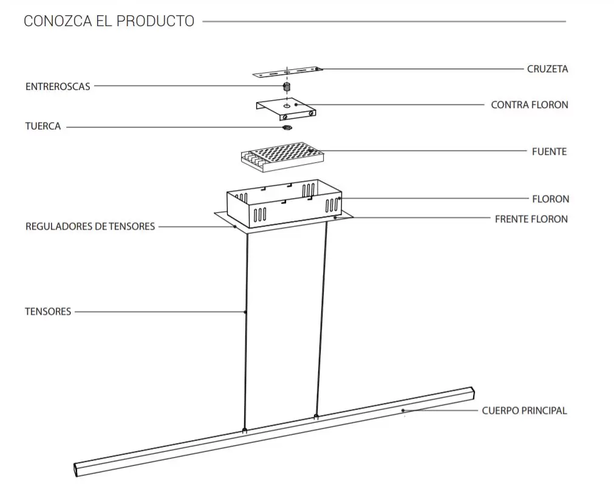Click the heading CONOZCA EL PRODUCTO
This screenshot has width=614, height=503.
point(109,21)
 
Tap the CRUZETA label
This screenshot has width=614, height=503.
point(547,69)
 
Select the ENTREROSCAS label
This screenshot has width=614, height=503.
point(58,87)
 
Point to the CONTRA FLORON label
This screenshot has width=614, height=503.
point(530,105)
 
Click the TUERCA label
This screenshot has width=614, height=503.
point(43,127)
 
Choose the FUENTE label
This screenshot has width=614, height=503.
point(549,151)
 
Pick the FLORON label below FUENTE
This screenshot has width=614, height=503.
point(550,199)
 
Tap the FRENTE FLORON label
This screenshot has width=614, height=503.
point(531,219)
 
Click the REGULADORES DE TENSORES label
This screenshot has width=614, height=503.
point(90,227)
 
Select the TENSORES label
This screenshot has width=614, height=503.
point(48,312)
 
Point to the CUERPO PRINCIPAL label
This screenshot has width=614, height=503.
point(524,411)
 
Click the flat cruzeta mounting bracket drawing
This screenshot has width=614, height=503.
point(287,72)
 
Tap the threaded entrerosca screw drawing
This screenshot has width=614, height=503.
point(287,88)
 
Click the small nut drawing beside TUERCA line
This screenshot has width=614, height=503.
point(287,128)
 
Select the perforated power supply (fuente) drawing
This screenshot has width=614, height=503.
point(281,154)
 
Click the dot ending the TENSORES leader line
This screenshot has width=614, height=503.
point(245,312)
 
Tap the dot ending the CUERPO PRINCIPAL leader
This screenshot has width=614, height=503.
point(403,411)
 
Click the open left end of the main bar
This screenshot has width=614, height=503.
point(77,469)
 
